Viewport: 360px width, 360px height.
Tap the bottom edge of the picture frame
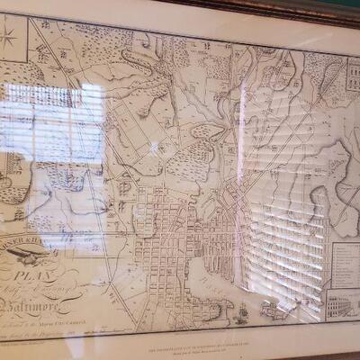[x=180, y=355]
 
